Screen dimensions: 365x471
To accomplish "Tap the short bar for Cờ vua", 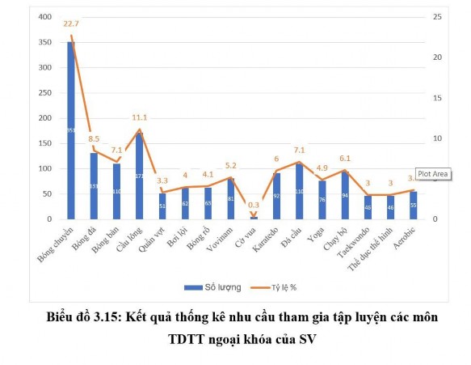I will pos(254,218).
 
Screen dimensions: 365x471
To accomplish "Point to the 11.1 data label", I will pos(139,117).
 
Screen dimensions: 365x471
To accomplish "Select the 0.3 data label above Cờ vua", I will pos(254,205).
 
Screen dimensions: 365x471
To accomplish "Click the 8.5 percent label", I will pos(95,138).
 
